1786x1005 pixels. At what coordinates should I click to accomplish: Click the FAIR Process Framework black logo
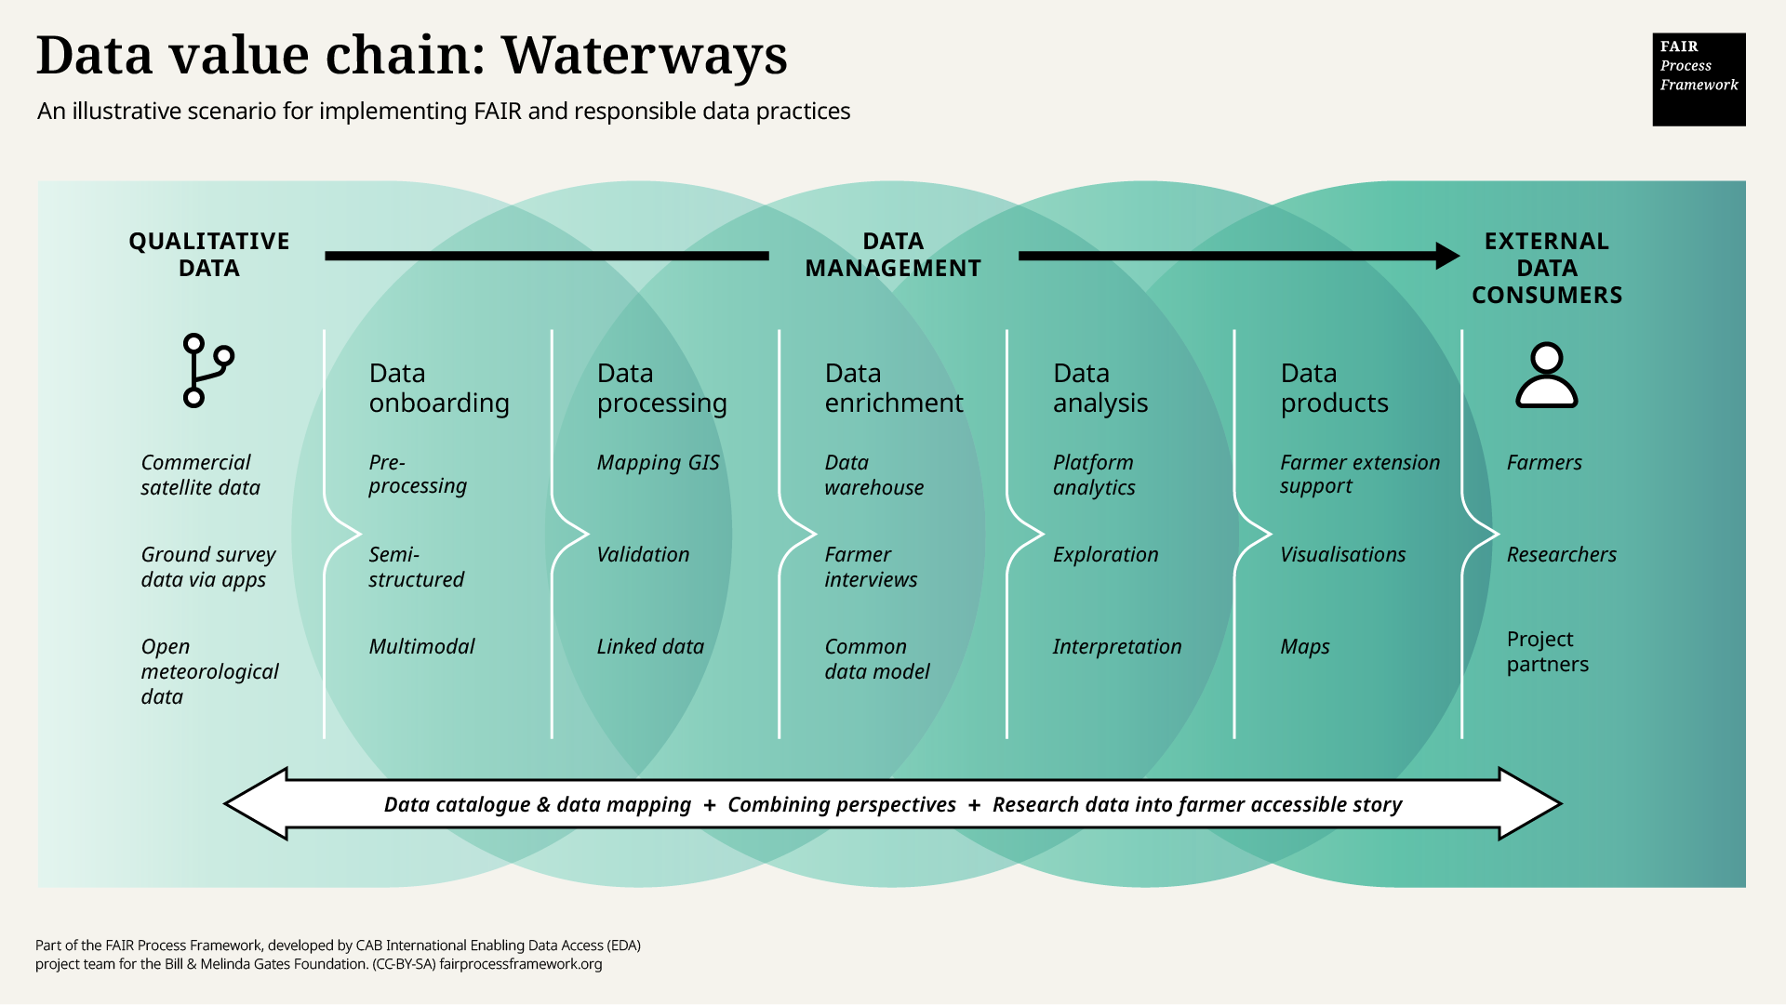coord(1699,79)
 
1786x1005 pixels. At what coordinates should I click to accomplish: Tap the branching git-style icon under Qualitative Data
coord(207,370)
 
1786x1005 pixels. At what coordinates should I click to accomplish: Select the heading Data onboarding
coord(438,388)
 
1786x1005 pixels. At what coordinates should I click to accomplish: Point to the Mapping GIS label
coord(658,462)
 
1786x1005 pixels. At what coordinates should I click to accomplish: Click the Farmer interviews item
coord(870,567)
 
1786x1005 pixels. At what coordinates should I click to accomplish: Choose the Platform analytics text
coord(1094,474)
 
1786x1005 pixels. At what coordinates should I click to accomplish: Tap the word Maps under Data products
coord(1304,646)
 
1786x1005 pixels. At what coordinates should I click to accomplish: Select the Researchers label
coord(1561,554)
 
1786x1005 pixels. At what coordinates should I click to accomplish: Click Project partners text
coord(1547,652)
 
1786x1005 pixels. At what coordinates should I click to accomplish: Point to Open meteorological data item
coord(209,671)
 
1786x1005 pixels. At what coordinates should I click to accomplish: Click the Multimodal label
coord(421,646)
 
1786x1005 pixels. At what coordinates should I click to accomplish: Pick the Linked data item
coord(650,646)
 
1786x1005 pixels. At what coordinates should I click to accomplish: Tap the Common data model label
coord(876,658)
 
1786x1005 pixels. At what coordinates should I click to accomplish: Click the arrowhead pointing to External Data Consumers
coord(1446,256)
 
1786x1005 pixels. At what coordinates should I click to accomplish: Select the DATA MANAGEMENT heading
coord(892,255)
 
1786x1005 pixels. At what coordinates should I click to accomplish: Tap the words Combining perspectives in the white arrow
coord(841,804)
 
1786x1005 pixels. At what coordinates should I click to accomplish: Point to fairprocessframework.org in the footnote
coord(520,964)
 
